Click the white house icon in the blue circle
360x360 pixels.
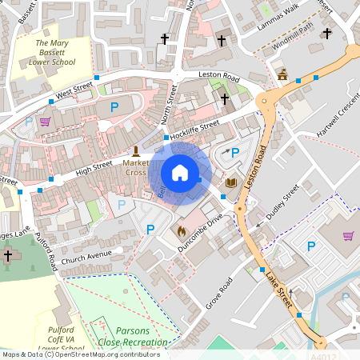tap(180, 173)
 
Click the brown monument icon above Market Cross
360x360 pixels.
tap(135, 150)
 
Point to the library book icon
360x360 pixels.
tap(231, 183)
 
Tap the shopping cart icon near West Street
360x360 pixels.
tap(45, 122)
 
